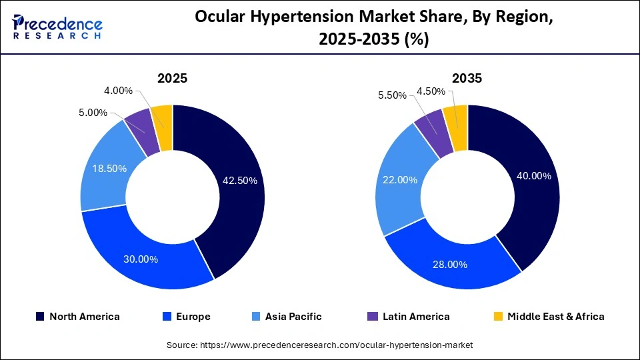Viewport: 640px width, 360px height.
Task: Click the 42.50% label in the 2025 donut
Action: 239,181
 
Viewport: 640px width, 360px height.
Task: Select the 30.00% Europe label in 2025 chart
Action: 141,259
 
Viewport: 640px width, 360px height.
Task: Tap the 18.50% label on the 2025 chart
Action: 109,169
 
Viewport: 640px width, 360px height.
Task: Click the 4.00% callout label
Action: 119,91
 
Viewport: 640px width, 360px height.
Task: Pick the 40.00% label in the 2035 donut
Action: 534,176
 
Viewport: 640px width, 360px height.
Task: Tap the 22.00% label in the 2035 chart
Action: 400,179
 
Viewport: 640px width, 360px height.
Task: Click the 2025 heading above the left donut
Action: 172,78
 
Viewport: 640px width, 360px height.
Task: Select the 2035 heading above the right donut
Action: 467,78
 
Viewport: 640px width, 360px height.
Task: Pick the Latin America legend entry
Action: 408,317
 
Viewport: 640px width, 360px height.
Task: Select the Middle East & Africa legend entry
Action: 548,317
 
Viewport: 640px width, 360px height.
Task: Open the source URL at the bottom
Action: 319,345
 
